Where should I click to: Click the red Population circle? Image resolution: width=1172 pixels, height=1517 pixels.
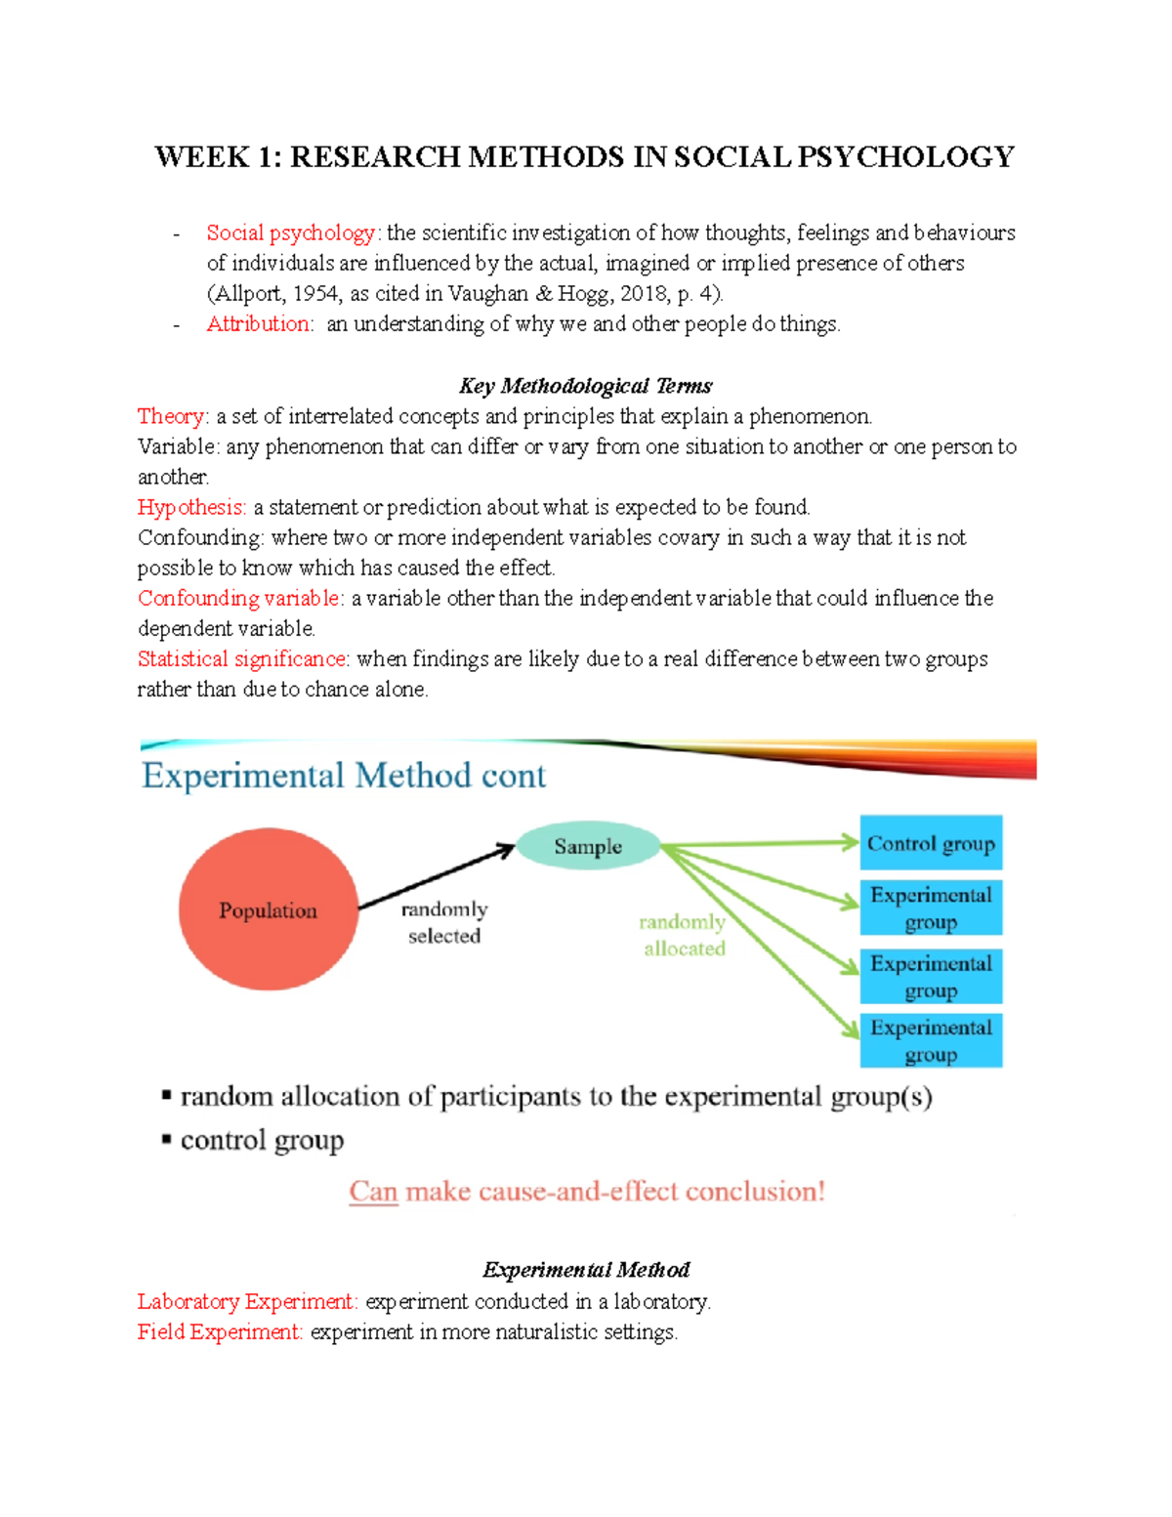269,909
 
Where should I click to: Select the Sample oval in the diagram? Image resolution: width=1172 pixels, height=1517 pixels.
588,846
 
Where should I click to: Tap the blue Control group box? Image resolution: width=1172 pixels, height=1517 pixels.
931,843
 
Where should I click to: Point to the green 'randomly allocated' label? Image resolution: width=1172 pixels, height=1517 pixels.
684,935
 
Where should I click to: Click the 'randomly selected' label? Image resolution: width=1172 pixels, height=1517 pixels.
444,922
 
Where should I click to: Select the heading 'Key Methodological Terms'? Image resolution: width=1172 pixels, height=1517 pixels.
585,386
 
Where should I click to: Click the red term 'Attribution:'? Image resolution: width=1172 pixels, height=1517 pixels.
260,323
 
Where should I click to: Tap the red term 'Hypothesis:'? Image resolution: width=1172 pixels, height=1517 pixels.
191,507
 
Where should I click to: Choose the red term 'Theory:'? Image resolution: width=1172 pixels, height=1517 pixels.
173,416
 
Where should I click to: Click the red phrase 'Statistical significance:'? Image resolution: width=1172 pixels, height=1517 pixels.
243,658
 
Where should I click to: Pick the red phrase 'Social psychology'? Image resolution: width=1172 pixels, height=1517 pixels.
291,232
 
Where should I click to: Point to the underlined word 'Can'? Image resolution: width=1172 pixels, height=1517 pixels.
373,1191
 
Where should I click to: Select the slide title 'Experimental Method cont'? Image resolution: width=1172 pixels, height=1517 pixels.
344,776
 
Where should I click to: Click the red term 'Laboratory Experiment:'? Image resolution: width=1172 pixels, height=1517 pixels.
247,1301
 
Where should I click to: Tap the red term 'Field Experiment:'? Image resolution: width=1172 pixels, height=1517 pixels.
220,1331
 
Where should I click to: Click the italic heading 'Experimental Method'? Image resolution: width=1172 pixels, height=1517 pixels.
586,1270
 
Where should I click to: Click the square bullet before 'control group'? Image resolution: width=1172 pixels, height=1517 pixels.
167,1139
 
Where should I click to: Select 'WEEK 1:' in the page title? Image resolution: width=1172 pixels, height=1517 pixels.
218,157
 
